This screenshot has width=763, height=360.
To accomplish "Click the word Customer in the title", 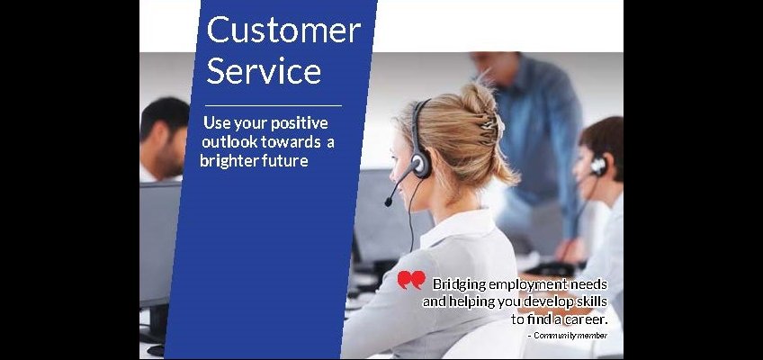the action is coord(283,30).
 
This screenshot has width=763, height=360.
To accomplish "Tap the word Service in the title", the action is coord(265,70).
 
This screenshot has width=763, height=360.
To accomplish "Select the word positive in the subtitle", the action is coord(300,123).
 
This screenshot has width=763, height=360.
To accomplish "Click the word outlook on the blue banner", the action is coord(229,142).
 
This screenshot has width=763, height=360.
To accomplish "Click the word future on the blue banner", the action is coord(284,160).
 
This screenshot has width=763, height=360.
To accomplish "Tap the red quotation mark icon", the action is coord(411,280).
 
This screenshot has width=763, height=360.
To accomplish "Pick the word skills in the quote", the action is coord(592,301).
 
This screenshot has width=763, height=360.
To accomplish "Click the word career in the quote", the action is coord(586,319).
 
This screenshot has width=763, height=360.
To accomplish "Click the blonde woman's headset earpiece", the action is coord(421,165).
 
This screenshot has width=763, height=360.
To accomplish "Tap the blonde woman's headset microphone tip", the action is coord(389,201).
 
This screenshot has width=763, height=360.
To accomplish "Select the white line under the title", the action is coord(274,105).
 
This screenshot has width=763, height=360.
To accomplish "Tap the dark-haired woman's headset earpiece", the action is coord(598,166).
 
